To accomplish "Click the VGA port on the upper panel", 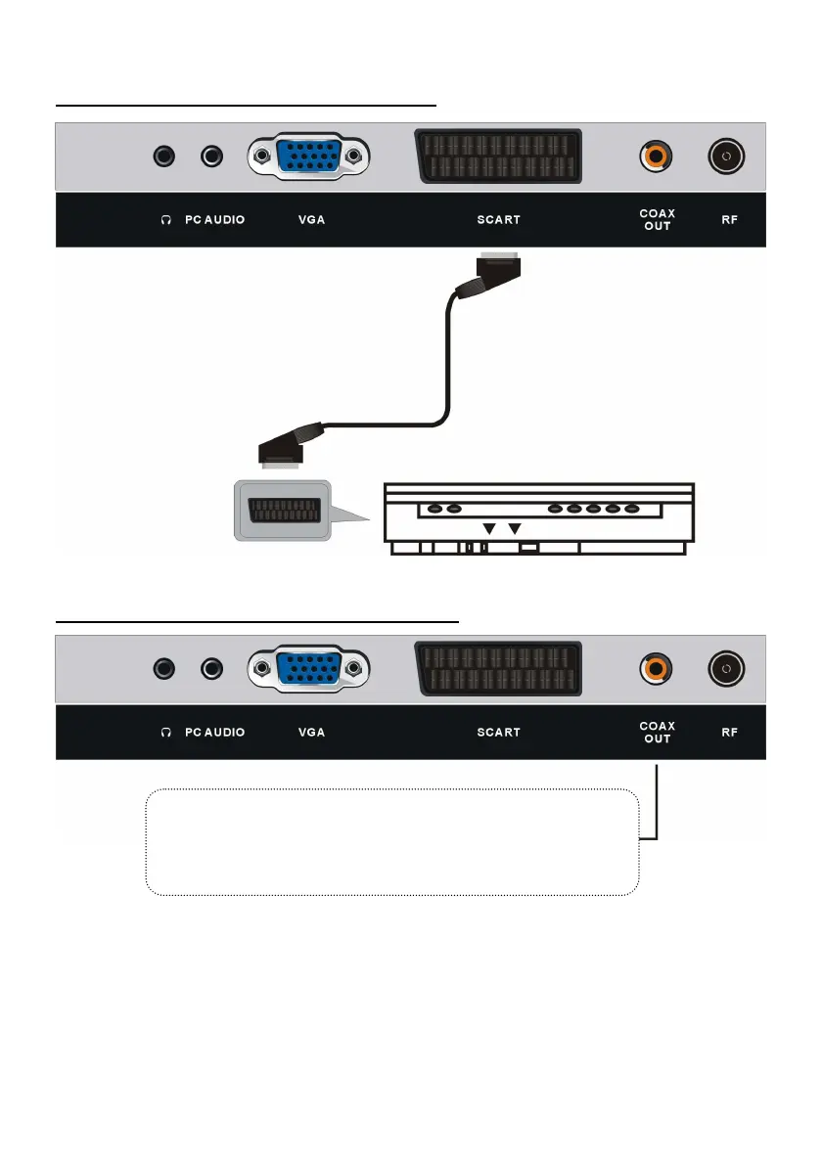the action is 309,157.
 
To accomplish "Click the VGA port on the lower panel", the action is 309,669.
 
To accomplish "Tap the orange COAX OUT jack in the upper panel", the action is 656,156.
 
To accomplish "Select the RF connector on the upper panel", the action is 726,156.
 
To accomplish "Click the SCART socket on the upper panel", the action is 498,157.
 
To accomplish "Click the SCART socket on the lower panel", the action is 498,669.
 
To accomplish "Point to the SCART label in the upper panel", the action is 498,220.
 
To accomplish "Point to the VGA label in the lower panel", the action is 311,733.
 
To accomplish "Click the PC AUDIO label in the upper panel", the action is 214,220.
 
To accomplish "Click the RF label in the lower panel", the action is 729,733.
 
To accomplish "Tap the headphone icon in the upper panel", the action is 165,220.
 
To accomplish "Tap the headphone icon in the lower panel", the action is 165,733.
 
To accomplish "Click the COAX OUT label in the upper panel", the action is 657,220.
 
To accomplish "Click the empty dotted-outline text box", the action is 391,841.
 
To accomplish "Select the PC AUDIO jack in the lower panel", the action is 211,668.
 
